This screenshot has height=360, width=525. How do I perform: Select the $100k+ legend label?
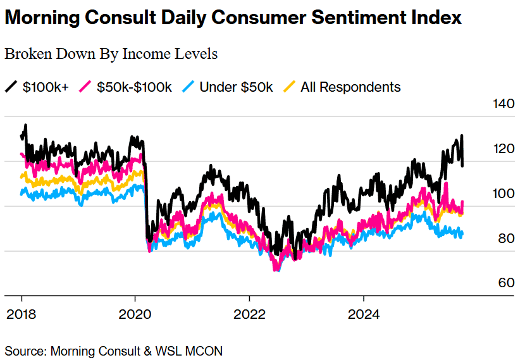pyautogui.click(x=46, y=87)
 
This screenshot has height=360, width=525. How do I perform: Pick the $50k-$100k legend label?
pyautogui.click(x=134, y=87)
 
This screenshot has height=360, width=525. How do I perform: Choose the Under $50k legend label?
pyautogui.click(x=236, y=87)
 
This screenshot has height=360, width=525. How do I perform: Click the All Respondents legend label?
pyautogui.click(x=350, y=87)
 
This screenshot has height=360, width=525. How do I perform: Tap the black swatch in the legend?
pyautogui.click(x=11, y=87)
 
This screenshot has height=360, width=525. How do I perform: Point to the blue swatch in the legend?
pyautogui.click(x=188, y=87)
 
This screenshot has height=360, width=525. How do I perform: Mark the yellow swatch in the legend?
pyautogui.click(x=289, y=87)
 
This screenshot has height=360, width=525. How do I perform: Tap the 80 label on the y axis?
pyautogui.click(x=505, y=239)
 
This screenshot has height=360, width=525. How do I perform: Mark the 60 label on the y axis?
pyautogui.click(x=505, y=283)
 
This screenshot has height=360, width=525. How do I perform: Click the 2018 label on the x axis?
pyautogui.click(x=22, y=314)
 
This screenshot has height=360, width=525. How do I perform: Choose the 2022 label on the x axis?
pyautogui.click(x=249, y=314)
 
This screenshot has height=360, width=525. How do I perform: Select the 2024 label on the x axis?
pyautogui.click(x=364, y=314)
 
